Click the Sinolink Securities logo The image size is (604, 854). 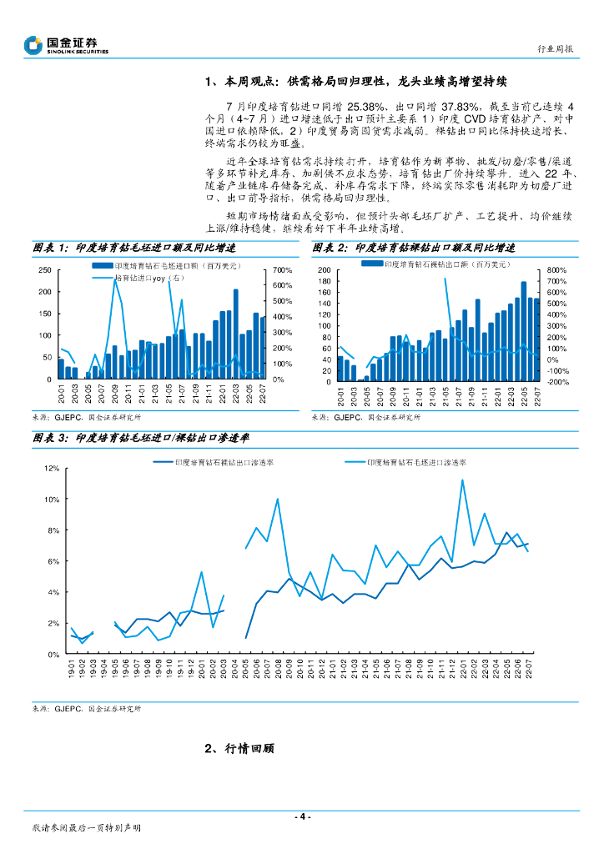pos(67,44)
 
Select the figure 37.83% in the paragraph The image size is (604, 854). pos(461,108)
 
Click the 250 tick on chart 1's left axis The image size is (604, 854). pos(44,270)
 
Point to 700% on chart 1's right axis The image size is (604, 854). pos(280,270)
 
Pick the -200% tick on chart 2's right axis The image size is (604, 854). pos(558,382)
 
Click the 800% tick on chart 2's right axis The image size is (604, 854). pos(557,270)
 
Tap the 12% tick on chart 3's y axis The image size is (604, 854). pos(52,469)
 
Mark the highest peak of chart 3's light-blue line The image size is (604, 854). pos(462,480)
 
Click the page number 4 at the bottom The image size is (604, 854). pos(303,816)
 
